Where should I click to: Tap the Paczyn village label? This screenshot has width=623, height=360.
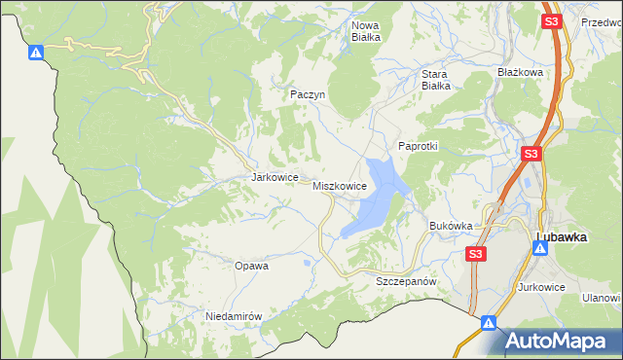307,94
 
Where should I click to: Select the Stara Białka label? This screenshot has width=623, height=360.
435,79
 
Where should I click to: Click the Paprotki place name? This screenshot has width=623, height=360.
419,145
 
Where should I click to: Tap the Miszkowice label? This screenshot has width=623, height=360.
340,185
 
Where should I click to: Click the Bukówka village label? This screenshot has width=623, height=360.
451,225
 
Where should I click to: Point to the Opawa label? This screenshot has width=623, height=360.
251,265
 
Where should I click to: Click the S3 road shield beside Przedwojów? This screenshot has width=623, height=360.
552,21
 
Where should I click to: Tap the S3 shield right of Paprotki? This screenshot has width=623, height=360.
531,154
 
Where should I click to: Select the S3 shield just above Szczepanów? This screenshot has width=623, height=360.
474,254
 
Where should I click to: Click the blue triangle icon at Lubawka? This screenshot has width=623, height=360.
537,246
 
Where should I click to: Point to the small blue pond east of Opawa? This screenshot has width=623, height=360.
308,262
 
